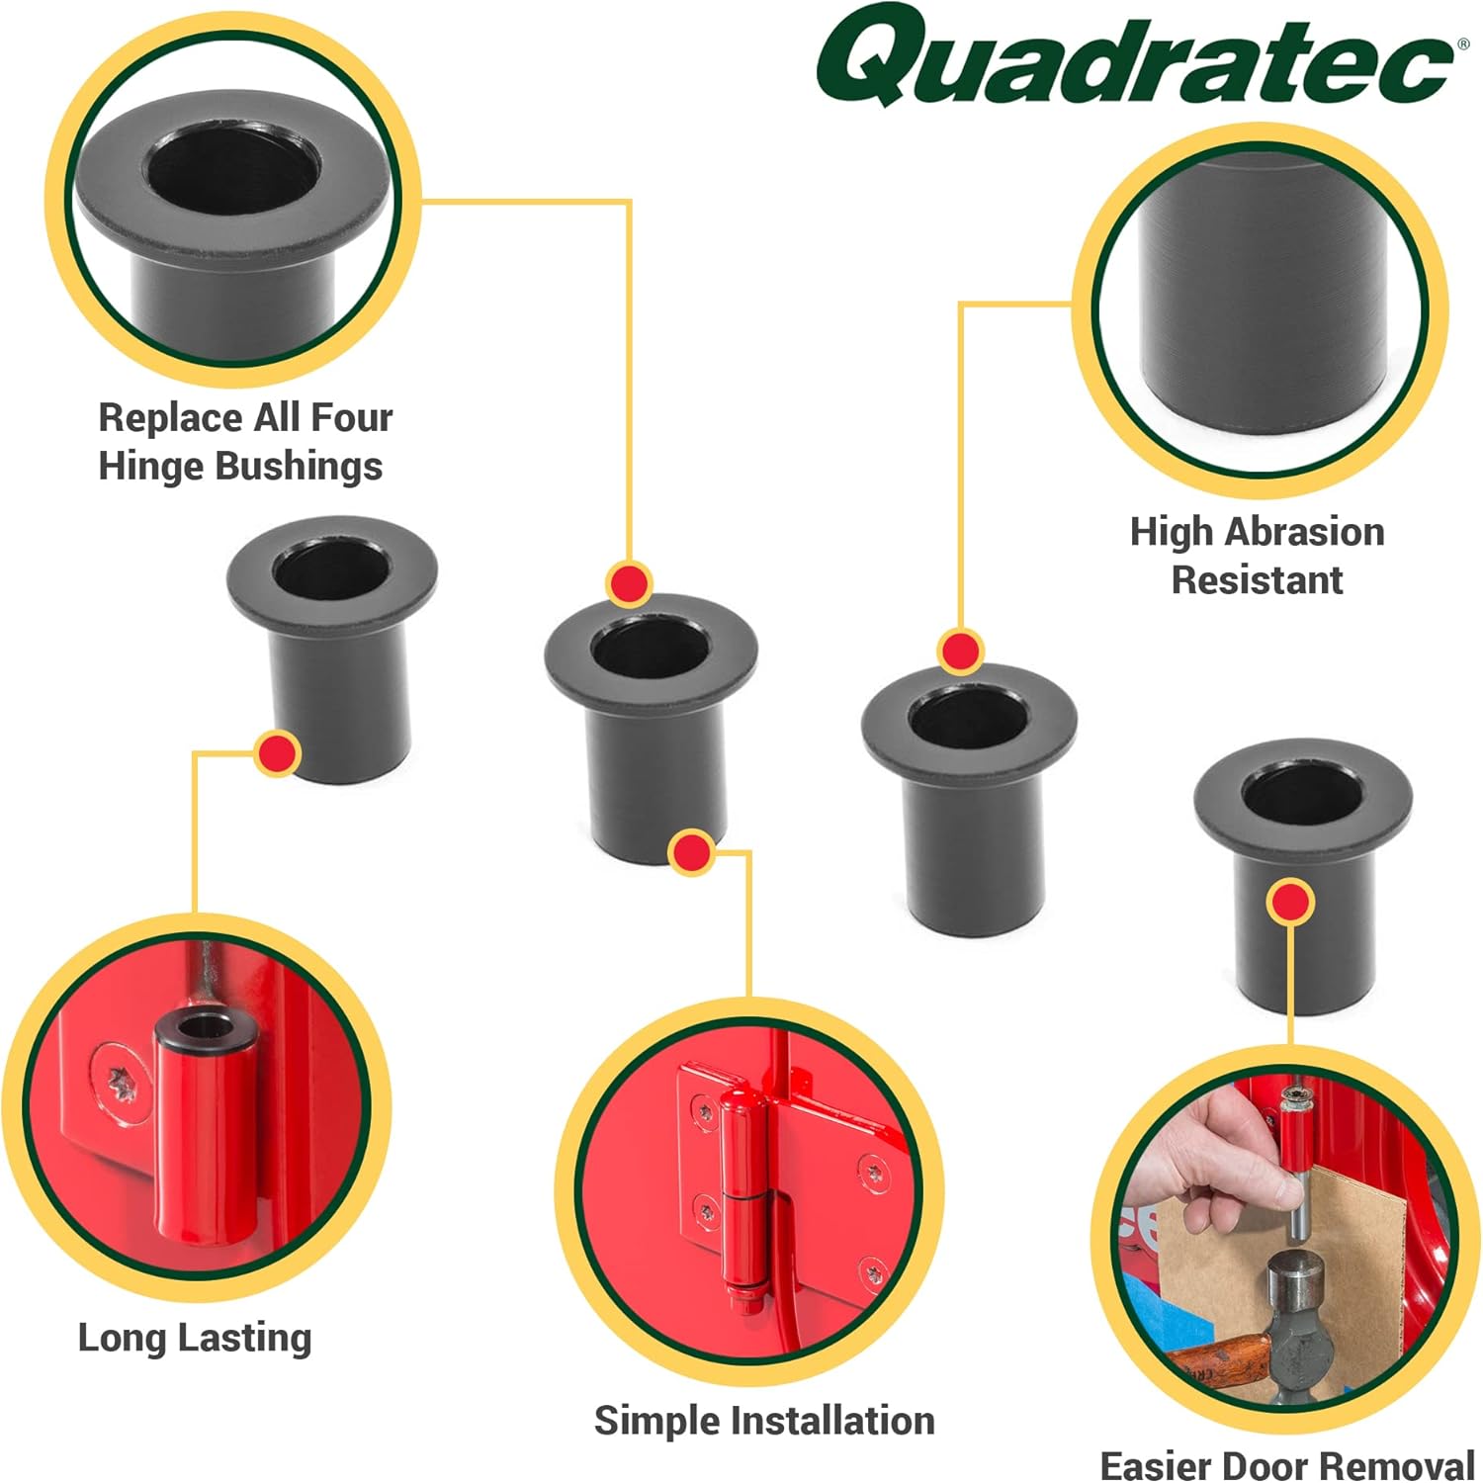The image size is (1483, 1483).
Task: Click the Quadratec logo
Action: click(1137, 59)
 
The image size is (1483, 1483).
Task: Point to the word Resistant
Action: click(1257, 580)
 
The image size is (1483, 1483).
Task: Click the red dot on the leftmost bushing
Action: click(278, 754)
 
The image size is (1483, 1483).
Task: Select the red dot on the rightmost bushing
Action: click(1290, 902)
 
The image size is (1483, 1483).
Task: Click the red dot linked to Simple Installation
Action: click(691, 851)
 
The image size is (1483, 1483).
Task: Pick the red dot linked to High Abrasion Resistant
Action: click(959, 651)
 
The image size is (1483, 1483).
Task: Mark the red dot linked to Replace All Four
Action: click(629, 582)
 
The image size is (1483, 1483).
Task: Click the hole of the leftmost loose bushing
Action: click(330, 571)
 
